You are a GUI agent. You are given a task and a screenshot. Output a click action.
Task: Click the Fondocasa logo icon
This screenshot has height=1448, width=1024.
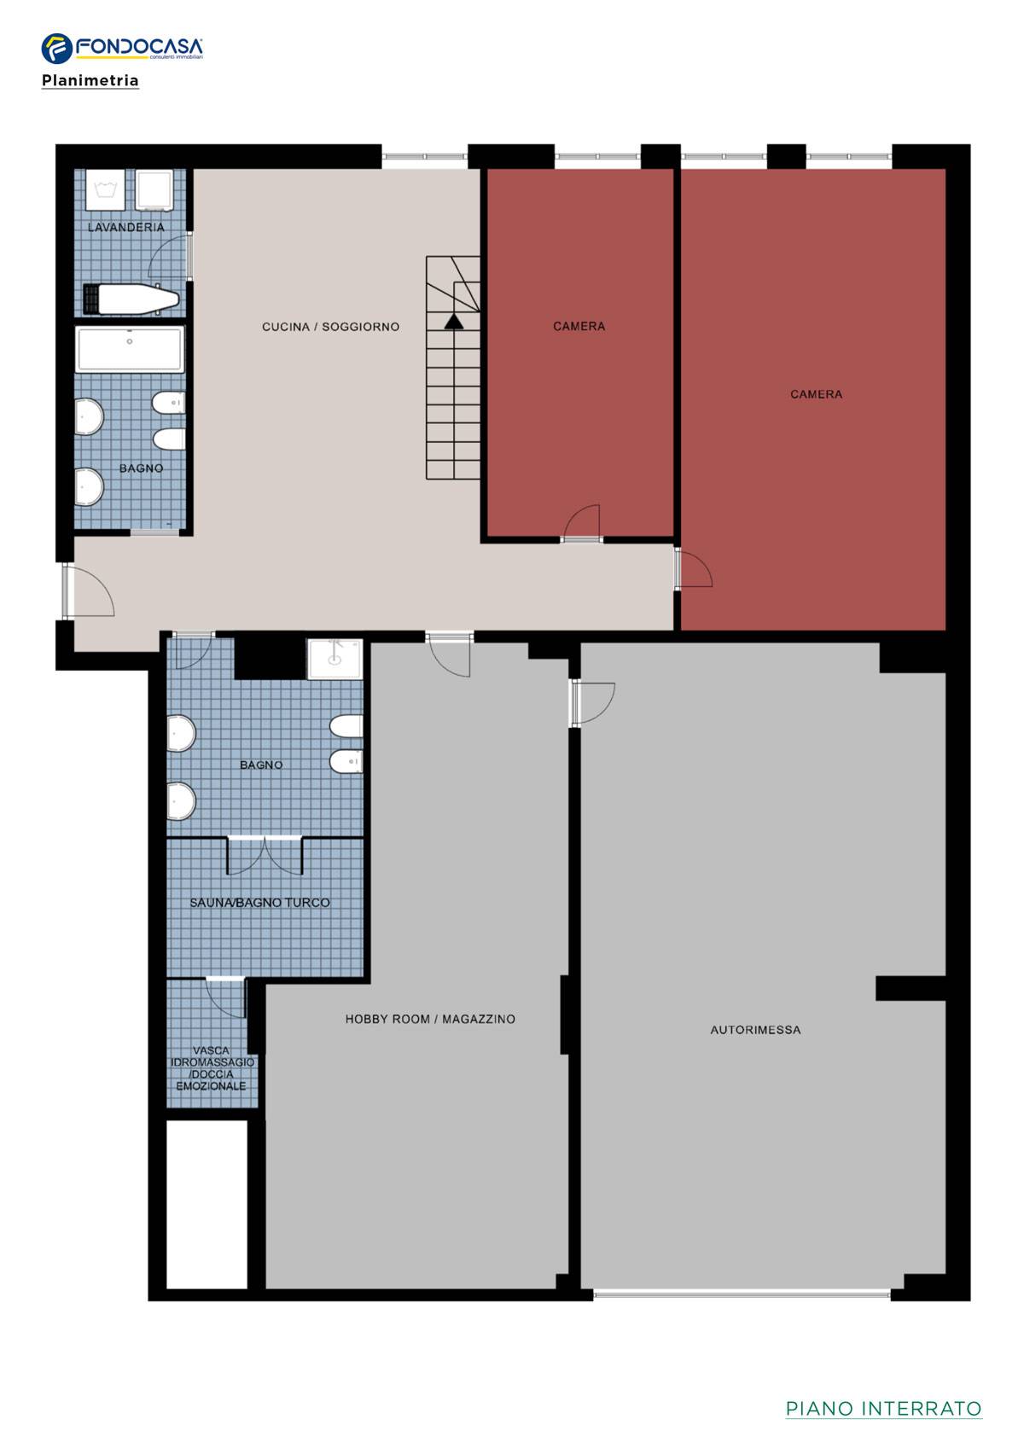(57, 49)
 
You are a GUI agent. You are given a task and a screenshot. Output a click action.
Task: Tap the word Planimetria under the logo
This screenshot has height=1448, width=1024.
(90, 80)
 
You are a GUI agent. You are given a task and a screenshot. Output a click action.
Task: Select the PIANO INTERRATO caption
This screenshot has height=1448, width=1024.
(884, 1408)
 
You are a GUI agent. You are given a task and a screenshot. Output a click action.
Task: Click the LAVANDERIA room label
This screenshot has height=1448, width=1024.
(126, 228)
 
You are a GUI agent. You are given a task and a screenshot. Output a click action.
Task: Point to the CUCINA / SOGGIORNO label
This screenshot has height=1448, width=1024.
(330, 327)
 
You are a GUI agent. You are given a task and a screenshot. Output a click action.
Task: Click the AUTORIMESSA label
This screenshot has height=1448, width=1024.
(755, 1030)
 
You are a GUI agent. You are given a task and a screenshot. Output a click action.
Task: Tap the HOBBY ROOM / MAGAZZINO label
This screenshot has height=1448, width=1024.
(430, 1019)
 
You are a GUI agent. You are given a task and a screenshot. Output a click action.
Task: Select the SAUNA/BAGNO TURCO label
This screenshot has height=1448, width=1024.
(259, 903)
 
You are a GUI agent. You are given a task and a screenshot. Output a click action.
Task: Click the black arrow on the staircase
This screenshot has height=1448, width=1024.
(454, 322)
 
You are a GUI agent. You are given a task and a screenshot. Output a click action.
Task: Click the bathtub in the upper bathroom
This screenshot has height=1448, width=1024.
(130, 349)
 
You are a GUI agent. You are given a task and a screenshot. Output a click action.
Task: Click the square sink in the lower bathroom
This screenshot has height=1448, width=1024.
(335, 659)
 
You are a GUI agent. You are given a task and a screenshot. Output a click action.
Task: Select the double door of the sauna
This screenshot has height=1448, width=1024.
(265, 855)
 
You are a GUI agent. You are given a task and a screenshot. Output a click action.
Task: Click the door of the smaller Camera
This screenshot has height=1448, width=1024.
(581, 522)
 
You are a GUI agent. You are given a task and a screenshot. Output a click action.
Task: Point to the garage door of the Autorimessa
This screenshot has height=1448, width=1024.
(742, 1294)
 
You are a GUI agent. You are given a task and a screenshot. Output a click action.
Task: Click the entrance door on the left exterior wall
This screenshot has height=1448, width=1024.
(89, 590)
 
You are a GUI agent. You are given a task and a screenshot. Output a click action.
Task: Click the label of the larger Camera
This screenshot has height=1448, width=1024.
(816, 394)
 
